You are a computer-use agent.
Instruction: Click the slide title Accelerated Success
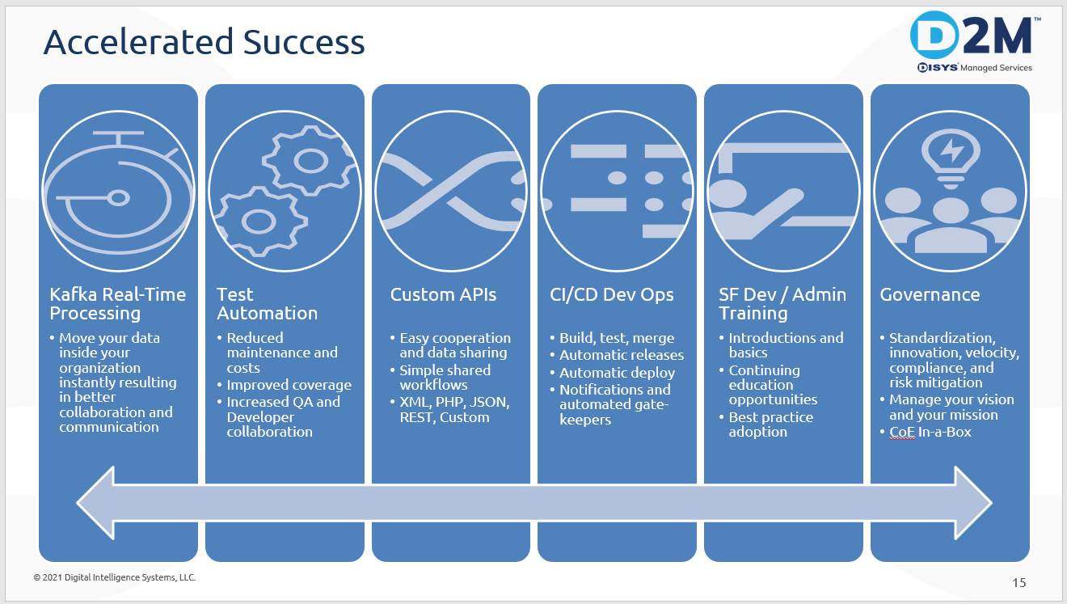(x=204, y=42)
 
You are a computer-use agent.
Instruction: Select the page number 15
(x=1018, y=582)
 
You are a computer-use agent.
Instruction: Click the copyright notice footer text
(x=115, y=577)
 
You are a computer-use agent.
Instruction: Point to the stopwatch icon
(x=118, y=192)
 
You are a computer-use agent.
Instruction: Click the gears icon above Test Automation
(x=284, y=191)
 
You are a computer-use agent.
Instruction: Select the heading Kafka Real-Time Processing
(x=118, y=304)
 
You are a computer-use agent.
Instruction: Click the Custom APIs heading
(x=443, y=295)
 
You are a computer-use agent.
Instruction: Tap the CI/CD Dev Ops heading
(x=611, y=295)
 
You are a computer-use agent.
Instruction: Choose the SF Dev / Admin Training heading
(x=782, y=304)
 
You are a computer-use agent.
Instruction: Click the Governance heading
(x=930, y=295)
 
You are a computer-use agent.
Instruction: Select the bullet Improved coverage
(x=289, y=386)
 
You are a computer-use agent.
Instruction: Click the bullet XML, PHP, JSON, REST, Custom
(x=454, y=410)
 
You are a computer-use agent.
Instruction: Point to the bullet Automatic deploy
(x=617, y=373)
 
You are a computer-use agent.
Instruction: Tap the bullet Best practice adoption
(x=770, y=424)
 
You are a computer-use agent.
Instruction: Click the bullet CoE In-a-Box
(x=930, y=432)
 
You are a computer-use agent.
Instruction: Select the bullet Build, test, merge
(x=616, y=338)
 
